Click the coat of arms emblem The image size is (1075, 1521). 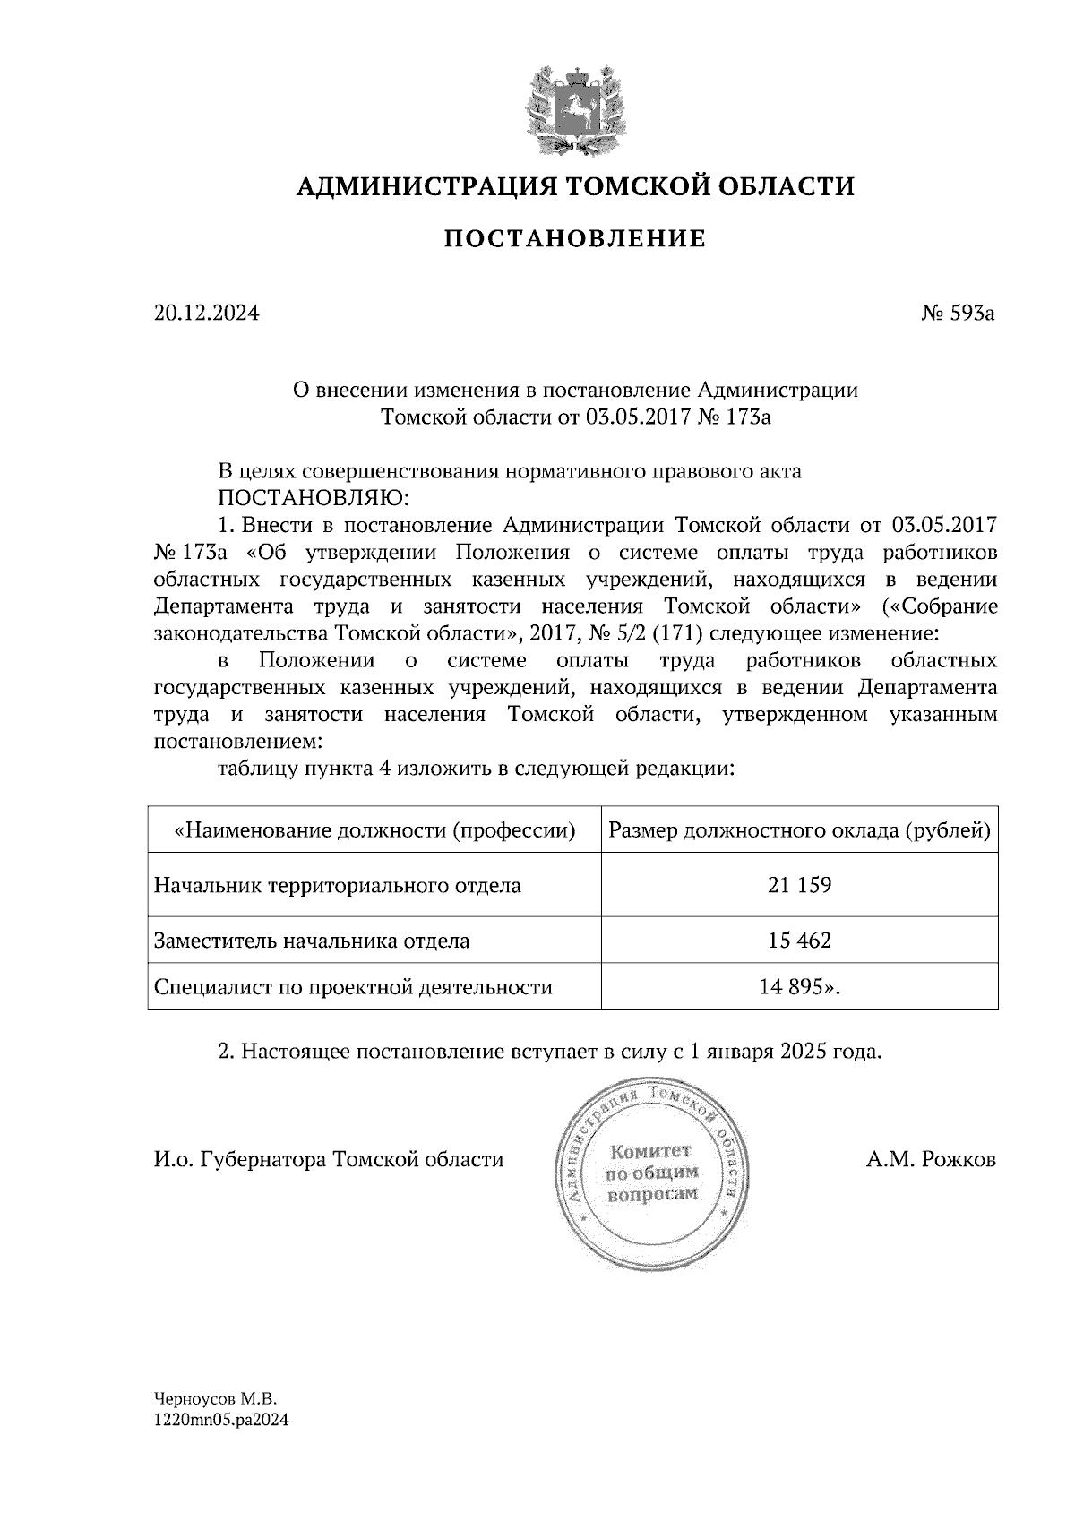tap(574, 111)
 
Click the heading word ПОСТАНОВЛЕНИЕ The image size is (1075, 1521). tap(575, 239)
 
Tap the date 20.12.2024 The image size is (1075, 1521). tap(205, 314)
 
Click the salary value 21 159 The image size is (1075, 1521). tap(799, 886)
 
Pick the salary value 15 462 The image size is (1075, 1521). tap(799, 941)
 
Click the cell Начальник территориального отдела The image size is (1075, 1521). tap(337, 886)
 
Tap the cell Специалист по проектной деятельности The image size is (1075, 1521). tap(353, 987)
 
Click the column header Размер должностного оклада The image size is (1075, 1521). tap(799, 831)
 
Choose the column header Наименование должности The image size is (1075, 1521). tap(374, 831)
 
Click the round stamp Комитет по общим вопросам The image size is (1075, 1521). tap(651, 1173)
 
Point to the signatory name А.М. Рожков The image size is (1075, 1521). tap(931, 1160)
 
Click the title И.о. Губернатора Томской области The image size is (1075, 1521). tap(329, 1160)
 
